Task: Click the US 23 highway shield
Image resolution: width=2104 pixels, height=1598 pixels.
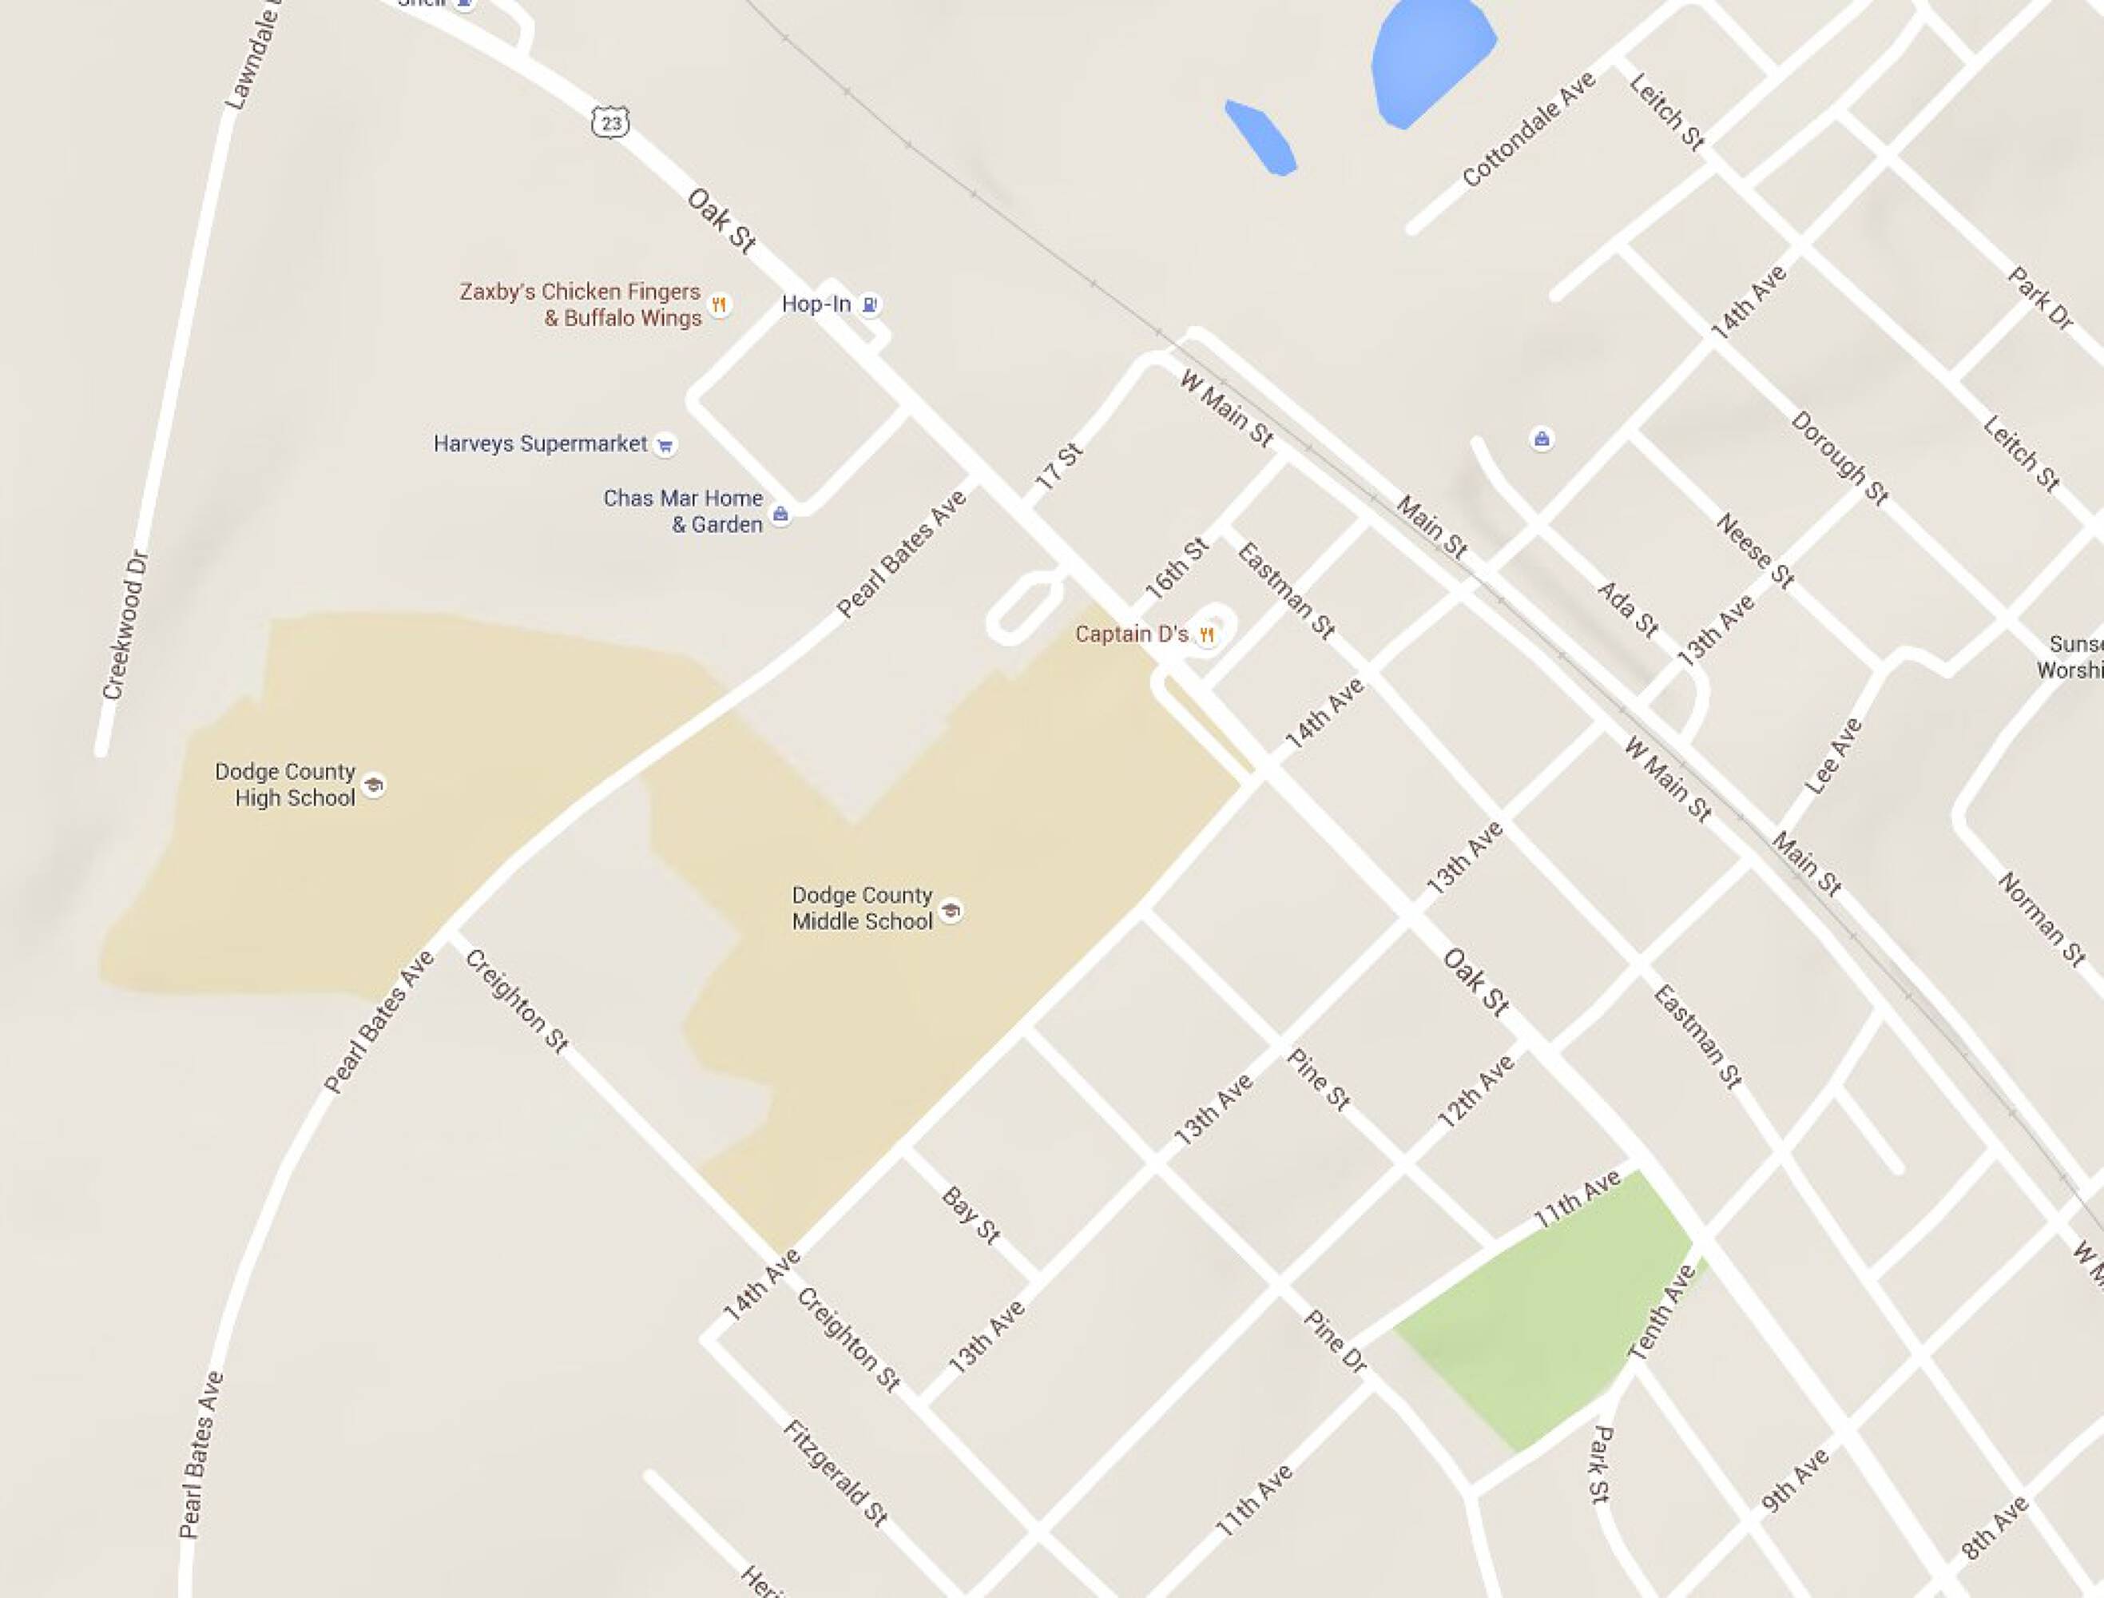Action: (609, 123)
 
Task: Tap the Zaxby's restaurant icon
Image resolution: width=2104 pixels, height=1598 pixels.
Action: (720, 304)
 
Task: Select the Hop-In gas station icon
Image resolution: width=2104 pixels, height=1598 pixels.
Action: (869, 304)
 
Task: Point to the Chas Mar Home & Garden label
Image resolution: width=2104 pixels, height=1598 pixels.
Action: (683, 511)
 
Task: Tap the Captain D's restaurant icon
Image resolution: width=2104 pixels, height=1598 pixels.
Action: (1207, 634)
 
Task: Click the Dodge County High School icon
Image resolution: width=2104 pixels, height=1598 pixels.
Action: (375, 785)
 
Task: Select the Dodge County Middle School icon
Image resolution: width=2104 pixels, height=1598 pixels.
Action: (951, 910)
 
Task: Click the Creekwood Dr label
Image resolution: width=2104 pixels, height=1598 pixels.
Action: (126, 625)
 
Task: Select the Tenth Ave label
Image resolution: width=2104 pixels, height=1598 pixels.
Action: (1661, 1313)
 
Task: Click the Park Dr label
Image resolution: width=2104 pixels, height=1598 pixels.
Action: (2039, 299)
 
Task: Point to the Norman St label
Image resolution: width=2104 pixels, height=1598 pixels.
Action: (2041, 920)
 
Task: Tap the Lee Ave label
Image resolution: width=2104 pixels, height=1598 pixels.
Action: (1833, 756)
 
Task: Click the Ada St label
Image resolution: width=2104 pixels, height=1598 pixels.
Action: (1627, 609)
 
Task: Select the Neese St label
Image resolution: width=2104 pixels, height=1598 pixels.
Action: (1755, 551)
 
